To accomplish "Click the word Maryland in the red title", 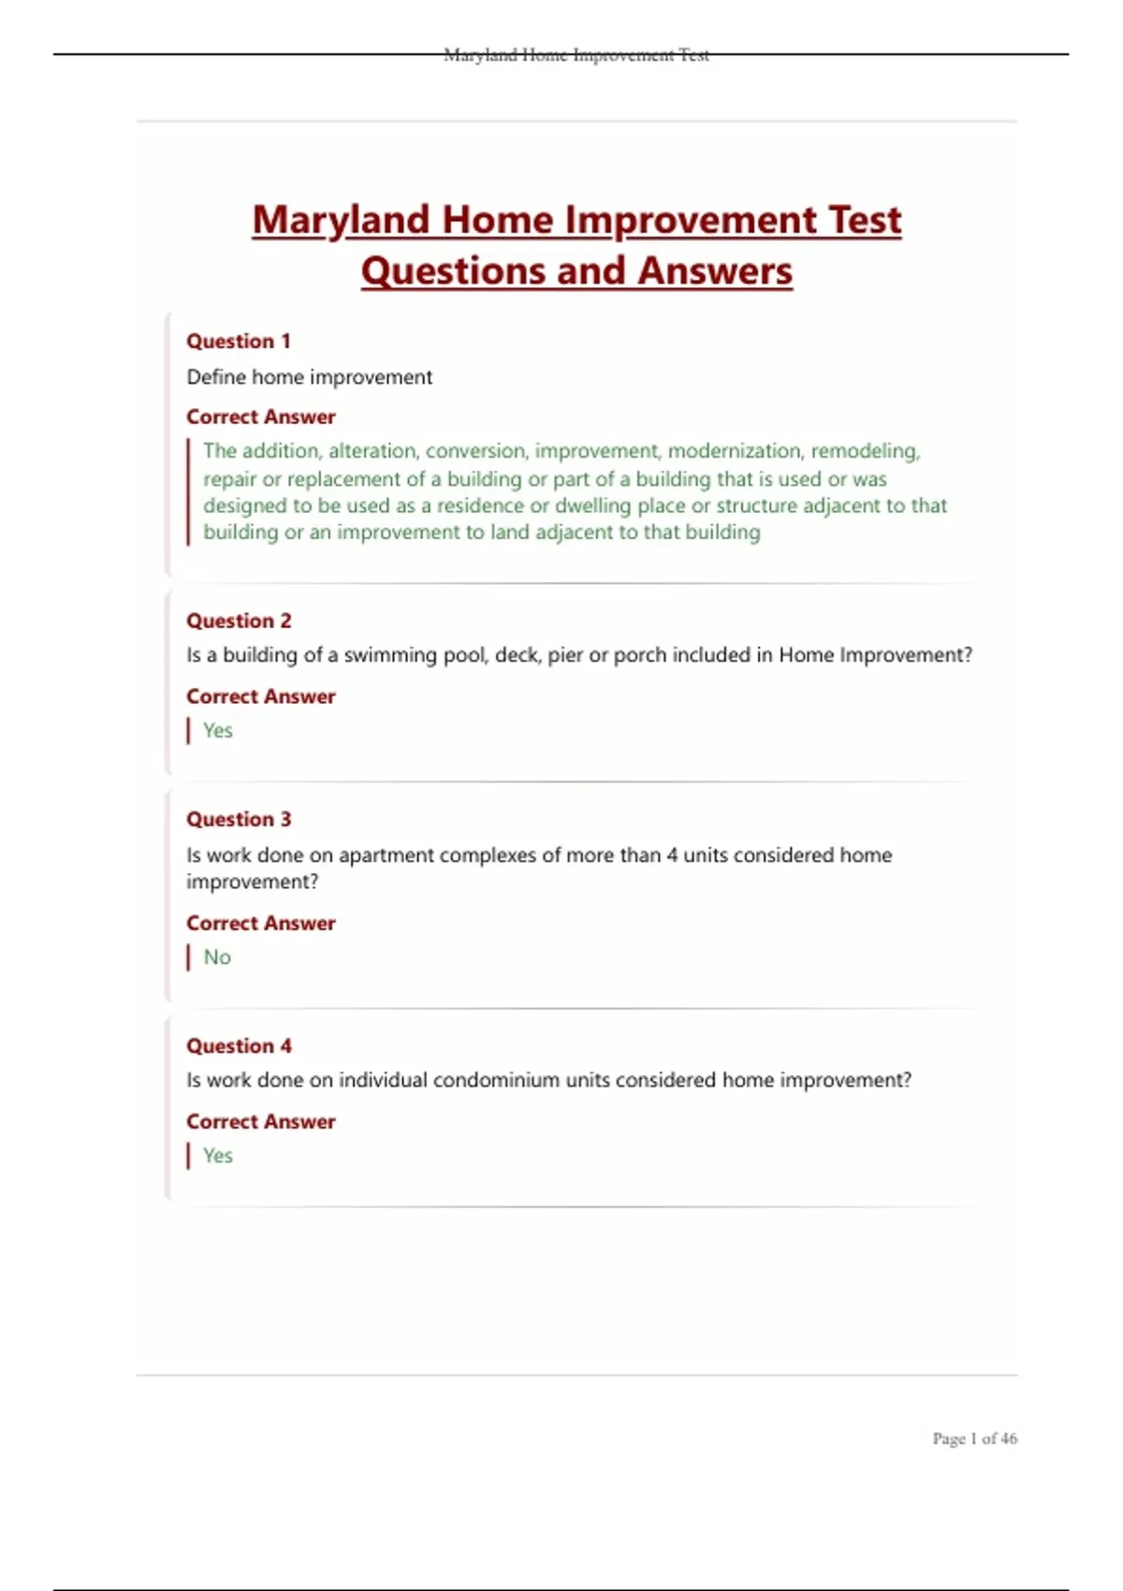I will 341,221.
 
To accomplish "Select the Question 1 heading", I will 239,342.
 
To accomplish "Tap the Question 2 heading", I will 239,621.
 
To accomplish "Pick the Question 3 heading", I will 239,820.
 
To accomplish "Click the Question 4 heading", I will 239,1046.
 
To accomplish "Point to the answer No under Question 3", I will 217,957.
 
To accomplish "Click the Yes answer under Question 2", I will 218,731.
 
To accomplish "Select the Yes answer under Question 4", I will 218,1156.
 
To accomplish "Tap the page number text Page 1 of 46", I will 974,1438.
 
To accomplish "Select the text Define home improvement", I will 310,377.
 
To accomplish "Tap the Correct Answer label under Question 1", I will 260,417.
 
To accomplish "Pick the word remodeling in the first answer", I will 866,451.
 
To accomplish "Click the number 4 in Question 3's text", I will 672,855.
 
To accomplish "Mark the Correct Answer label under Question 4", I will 260,1122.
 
